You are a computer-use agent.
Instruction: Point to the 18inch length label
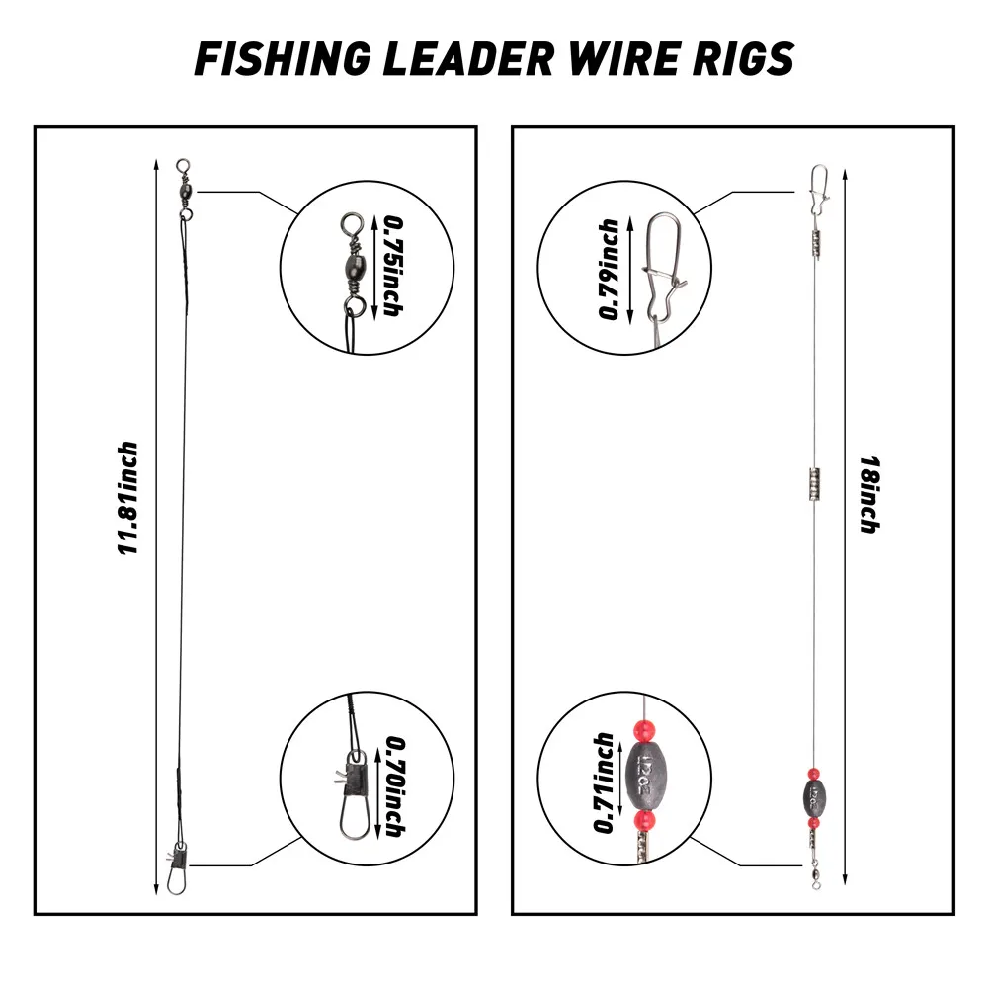868,493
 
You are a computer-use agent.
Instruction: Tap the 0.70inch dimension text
393,786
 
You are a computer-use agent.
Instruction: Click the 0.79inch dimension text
609,269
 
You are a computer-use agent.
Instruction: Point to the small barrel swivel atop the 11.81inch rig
185,185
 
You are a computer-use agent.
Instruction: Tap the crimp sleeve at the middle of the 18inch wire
813,485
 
